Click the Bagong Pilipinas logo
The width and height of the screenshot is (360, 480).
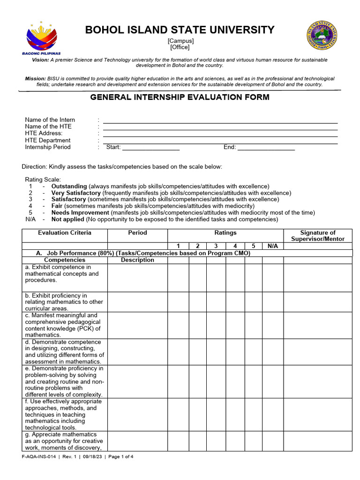[42, 38]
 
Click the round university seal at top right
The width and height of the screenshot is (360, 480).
[322, 36]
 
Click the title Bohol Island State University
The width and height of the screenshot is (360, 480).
[180, 30]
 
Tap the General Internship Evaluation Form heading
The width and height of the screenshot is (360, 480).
[180, 97]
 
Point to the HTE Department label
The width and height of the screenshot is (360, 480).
[48, 140]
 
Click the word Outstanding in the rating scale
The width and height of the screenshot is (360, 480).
[69, 186]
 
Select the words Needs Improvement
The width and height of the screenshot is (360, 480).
[80, 212]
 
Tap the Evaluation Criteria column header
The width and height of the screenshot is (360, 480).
[65, 233]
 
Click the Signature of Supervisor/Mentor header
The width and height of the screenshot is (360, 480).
[318, 236]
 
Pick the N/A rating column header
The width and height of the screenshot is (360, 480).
[272, 246]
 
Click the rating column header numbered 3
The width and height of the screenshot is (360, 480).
[216, 246]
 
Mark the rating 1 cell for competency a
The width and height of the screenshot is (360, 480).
[178, 277]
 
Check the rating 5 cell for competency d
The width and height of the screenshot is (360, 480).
[253, 352]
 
